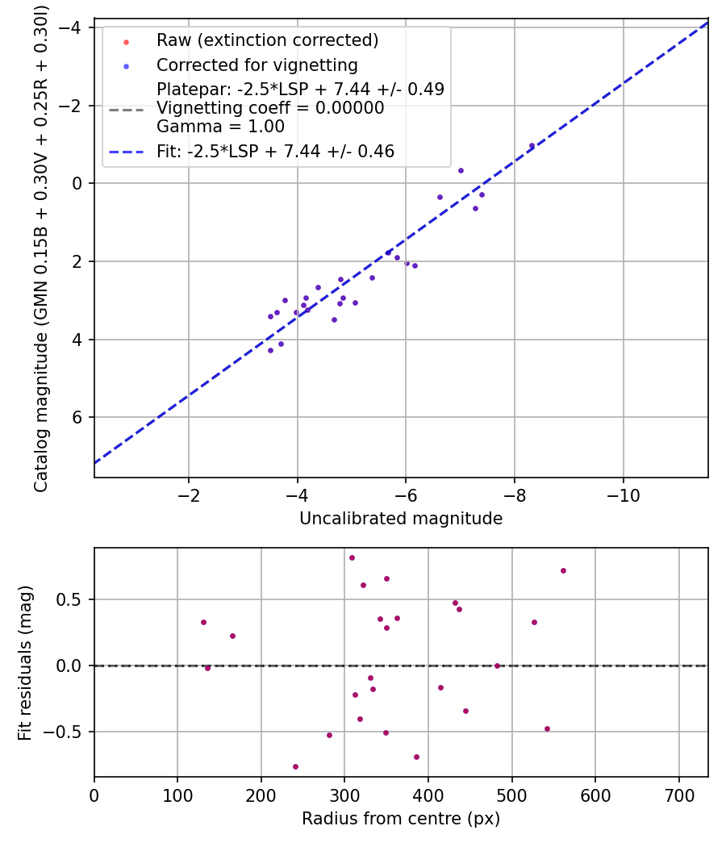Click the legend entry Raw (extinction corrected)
(x=267, y=40)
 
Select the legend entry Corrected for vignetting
(x=257, y=65)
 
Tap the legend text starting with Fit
(x=275, y=151)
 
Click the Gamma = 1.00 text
(x=220, y=127)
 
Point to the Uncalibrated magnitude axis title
(x=401, y=519)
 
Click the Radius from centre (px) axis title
(x=401, y=819)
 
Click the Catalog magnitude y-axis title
(x=42, y=248)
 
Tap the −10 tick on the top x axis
(x=623, y=494)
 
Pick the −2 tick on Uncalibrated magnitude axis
(x=189, y=494)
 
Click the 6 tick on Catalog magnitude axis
(x=78, y=417)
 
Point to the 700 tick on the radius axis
(x=678, y=795)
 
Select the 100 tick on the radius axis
(x=177, y=795)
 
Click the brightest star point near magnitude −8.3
(x=532, y=146)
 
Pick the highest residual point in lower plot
(x=352, y=557)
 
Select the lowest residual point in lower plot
(x=295, y=766)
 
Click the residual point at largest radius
(x=563, y=570)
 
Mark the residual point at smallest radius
(x=203, y=622)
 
